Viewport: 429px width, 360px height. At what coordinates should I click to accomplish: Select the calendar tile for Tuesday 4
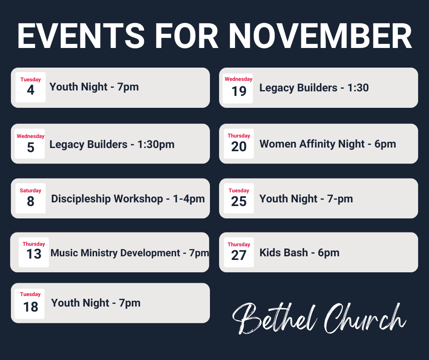click(x=31, y=87)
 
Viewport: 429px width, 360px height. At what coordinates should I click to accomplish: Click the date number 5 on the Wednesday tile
click(x=31, y=147)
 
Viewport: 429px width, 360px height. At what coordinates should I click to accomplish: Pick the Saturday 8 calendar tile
click(x=31, y=198)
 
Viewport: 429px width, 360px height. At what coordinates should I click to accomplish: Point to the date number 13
click(x=34, y=254)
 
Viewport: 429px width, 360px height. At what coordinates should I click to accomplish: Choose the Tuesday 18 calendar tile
click(x=31, y=304)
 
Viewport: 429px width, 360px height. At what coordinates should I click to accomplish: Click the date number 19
click(x=239, y=91)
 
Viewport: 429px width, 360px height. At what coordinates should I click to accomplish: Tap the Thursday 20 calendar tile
click(x=239, y=143)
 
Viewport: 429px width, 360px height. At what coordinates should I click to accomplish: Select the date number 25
click(x=239, y=201)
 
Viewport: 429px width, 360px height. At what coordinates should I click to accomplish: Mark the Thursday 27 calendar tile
click(x=239, y=252)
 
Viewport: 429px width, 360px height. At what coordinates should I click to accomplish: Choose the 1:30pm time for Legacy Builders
click(x=156, y=144)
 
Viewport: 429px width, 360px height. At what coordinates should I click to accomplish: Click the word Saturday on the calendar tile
click(x=31, y=191)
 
